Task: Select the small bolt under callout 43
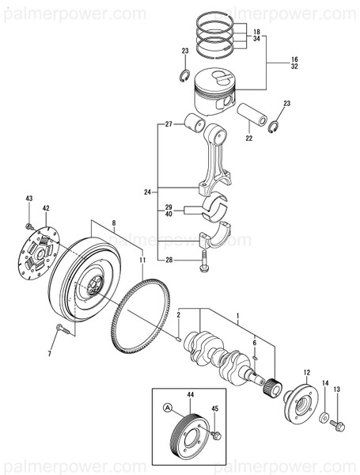[x=29, y=226]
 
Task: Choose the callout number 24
[x=146, y=192]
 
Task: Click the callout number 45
[x=214, y=409]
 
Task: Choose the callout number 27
[x=169, y=124]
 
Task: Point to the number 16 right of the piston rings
[x=272, y=59]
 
